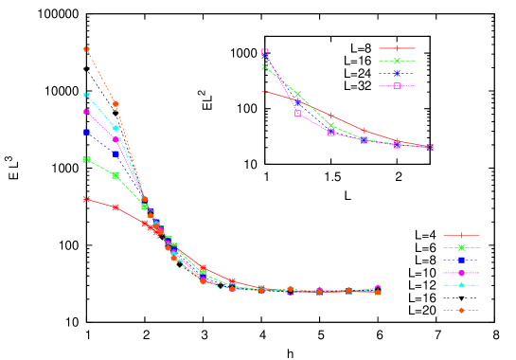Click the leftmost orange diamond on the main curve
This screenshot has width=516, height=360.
pos(86,49)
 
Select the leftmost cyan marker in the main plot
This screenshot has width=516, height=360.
pos(86,96)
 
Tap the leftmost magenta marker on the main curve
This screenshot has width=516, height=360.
pos(86,112)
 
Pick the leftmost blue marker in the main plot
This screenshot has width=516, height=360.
pos(86,133)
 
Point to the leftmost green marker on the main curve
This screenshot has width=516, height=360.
pos(86,159)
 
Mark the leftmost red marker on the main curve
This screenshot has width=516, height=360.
pos(86,200)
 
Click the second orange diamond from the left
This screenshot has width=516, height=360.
pos(116,104)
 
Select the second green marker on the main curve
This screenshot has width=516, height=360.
pos(116,175)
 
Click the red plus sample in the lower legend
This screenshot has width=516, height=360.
pos(461,236)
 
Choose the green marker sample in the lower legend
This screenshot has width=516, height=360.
pos(461,248)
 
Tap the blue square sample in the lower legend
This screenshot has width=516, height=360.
pos(461,260)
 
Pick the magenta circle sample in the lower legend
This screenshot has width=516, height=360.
pos(461,273)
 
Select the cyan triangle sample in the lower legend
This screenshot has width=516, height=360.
pos(461,284)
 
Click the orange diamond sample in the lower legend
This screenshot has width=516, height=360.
pos(461,311)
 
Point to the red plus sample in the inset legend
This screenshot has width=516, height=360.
pos(397,48)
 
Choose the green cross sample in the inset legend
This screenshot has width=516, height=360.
pos(397,61)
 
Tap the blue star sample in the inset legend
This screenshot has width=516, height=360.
pos(397,73)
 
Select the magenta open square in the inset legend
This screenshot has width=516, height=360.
pos(397,86)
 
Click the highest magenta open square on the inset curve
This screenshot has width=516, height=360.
pos(264,52)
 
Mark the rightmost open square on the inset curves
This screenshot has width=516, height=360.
pos(430,148)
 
